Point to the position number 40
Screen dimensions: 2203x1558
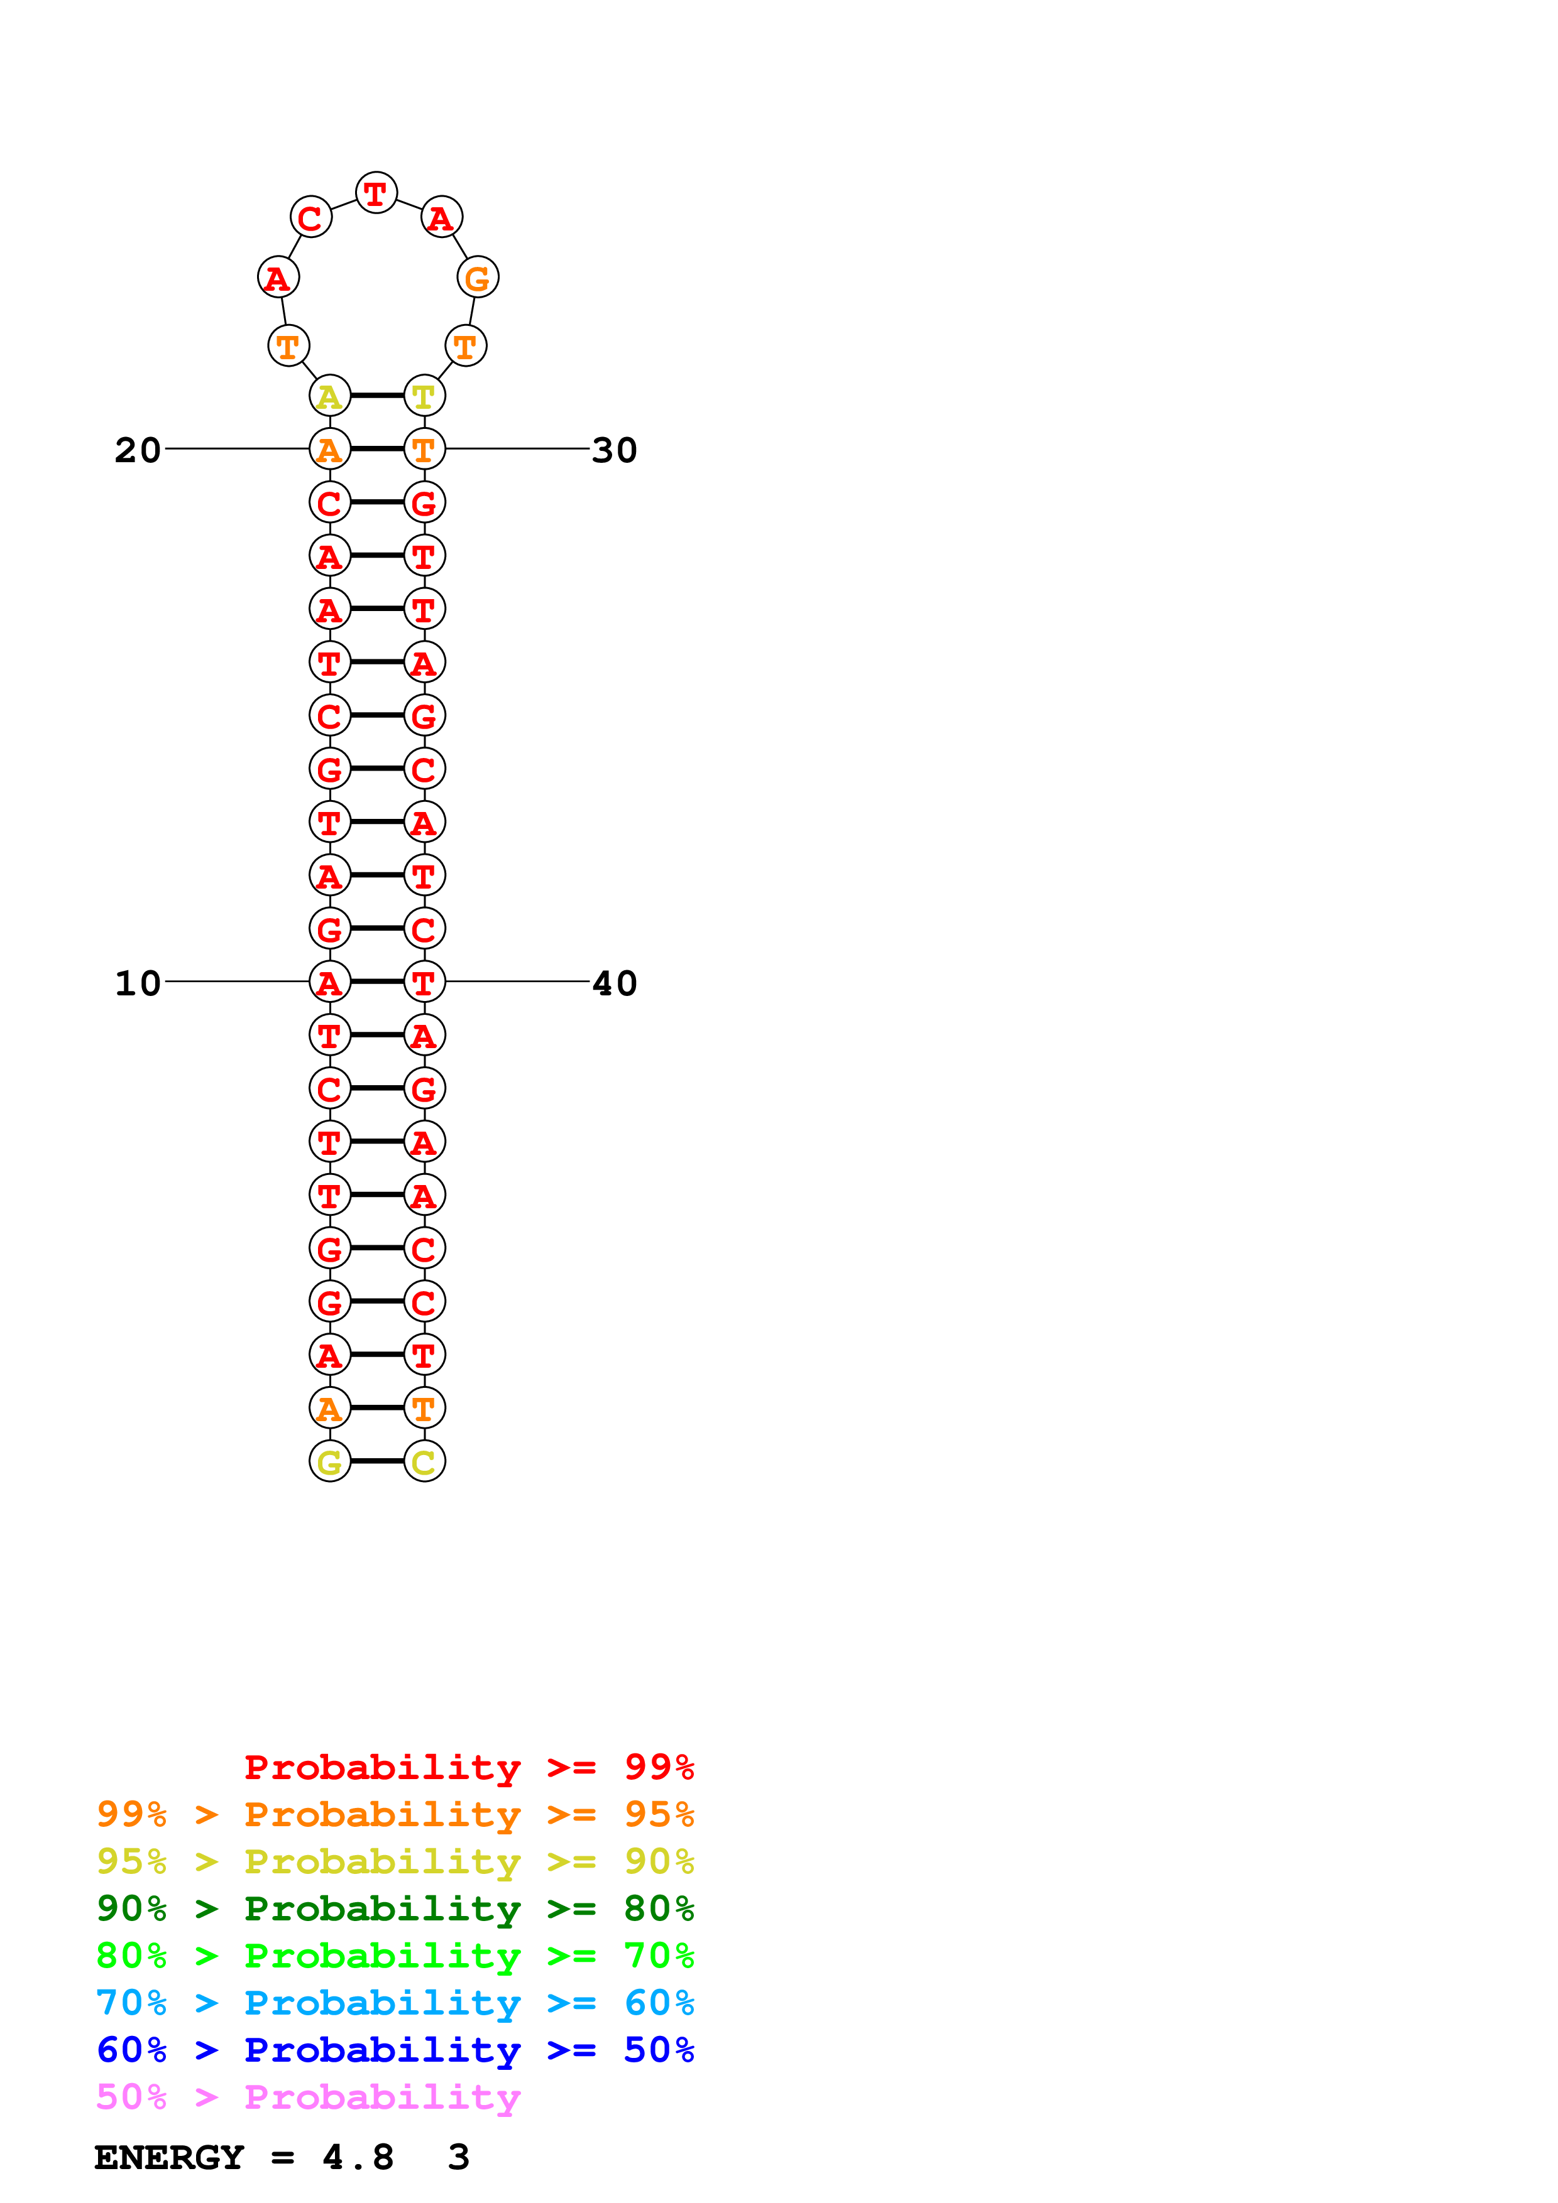coord(615,983)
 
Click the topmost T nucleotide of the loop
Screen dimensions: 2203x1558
coord(376,193)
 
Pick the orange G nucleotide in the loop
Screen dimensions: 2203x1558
coord(477,278)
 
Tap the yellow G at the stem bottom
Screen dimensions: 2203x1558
coord(329,1461)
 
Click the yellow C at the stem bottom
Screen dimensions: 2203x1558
coord(424,1461)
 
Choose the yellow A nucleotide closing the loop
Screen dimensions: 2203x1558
coord(329,395)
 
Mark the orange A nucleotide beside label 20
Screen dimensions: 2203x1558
coord(329,449)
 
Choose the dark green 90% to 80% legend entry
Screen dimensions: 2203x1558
coord(395,1908)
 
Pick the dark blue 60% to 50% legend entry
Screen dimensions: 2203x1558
coord(395,2050)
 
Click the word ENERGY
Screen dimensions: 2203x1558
coord(169,2158)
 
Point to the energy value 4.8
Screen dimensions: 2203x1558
coord(358,2158)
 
